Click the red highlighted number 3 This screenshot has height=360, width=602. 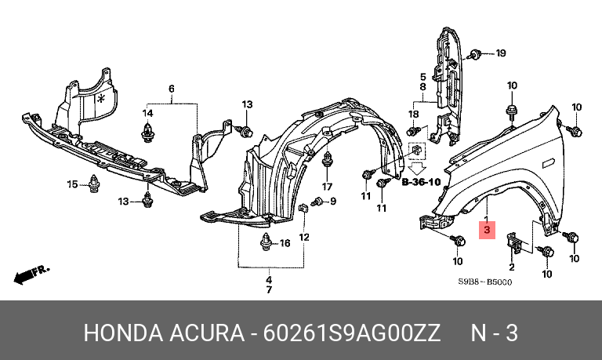point(487,231)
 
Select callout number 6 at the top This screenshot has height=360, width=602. point(171,88)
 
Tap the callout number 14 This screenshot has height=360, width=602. point(147,114)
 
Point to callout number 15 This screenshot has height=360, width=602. point(71,184)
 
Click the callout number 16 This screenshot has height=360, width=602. point(285,244)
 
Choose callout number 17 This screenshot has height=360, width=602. point(327,187)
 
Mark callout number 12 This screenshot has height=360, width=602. point(304,237)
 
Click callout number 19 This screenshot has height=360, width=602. point(500,53)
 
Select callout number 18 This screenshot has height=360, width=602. point(414,115)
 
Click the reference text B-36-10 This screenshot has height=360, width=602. point(422,183)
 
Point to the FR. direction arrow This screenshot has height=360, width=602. point(31,275)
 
